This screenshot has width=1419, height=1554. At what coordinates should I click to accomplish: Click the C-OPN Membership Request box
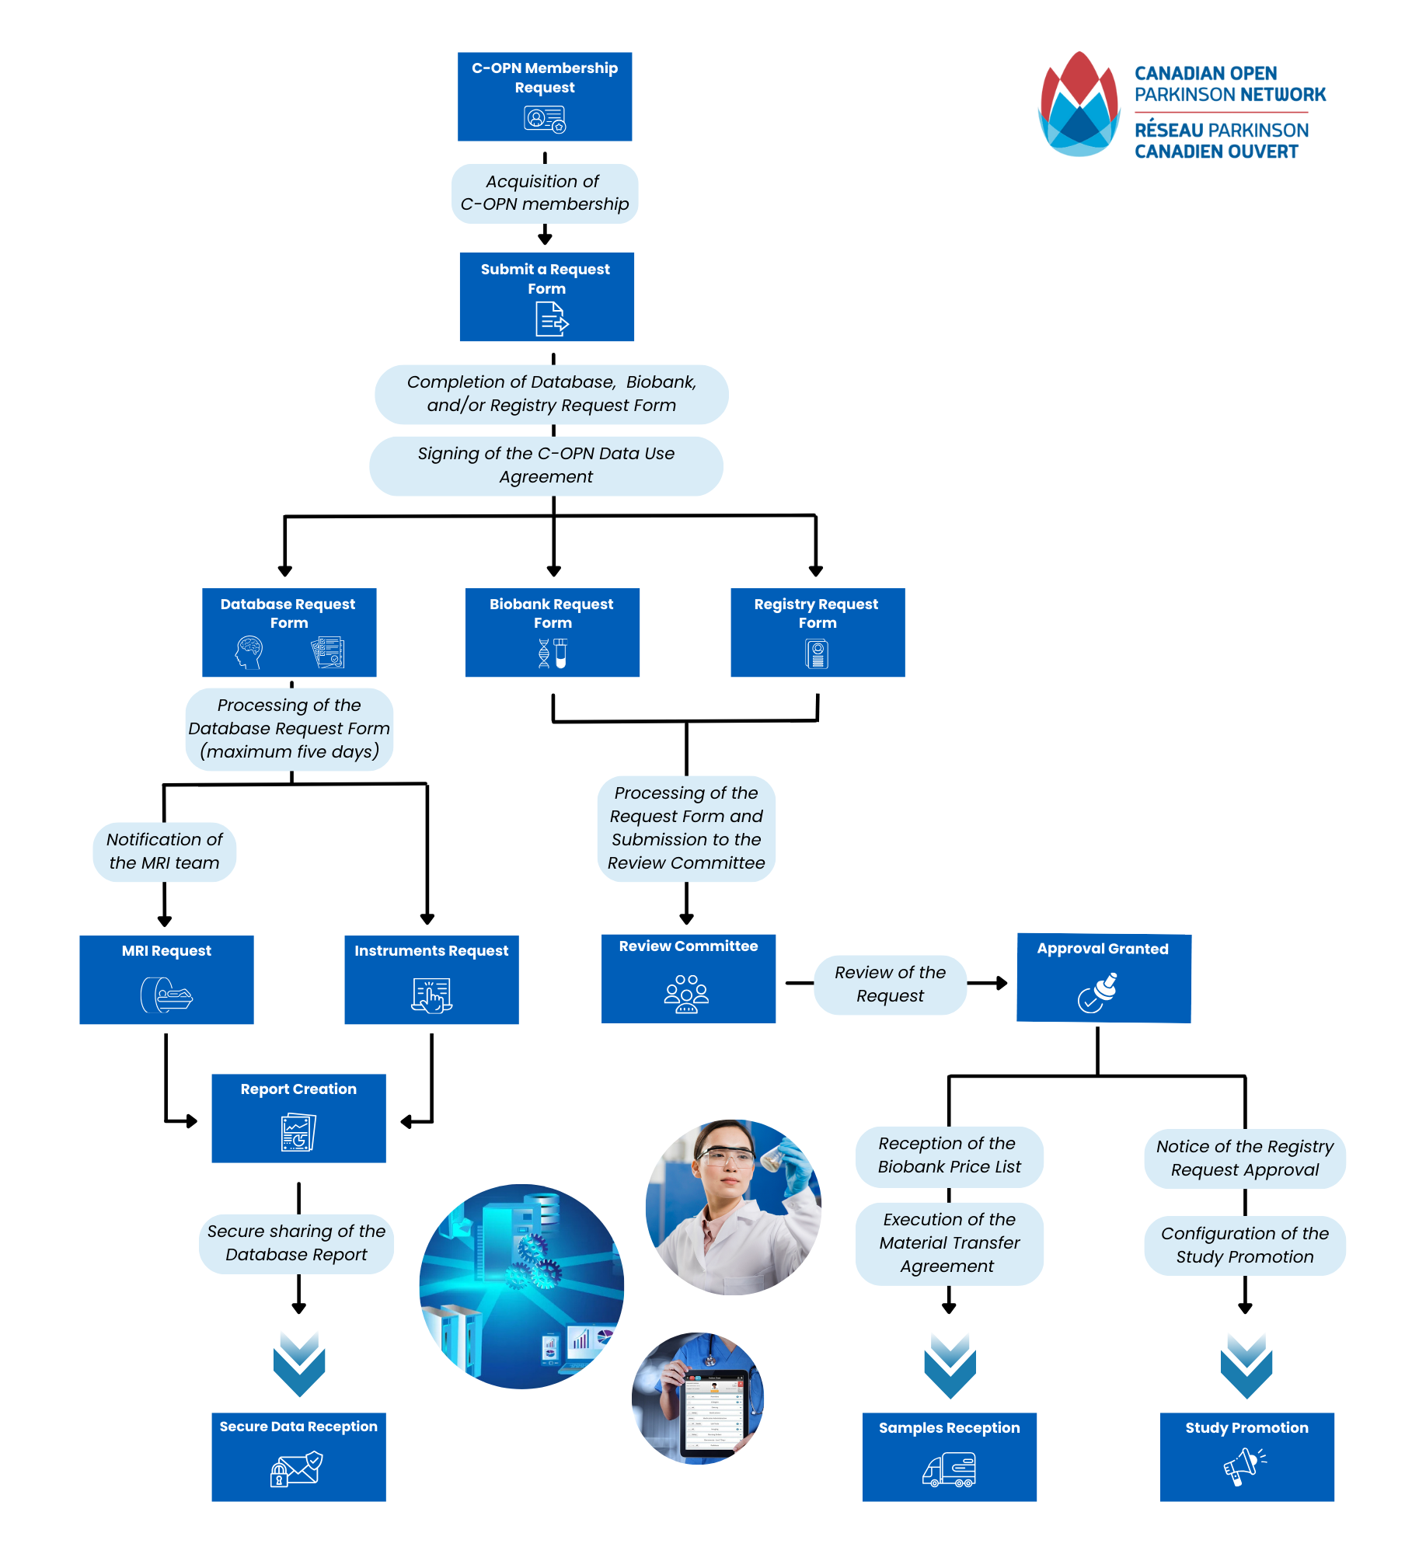pyautogui.click(x=544, y=96)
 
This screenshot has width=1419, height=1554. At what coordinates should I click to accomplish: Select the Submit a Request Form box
pyautogui.click(x=546, y=296)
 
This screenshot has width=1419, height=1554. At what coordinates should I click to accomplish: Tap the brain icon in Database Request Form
pyautogui.click(x=249, y=652)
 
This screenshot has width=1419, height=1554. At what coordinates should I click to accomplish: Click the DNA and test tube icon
pyautogui.click(x=553, y=653)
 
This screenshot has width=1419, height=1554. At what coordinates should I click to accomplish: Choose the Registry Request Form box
pyautogui.click(x=818, y=632)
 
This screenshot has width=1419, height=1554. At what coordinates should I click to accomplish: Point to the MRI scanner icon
pyautogui.click(x=166, y=995)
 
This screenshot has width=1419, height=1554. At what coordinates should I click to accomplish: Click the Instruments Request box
pyautogui.click(x=431, y=980)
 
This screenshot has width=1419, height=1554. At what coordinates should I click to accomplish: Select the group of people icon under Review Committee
pyautogui.click(x=686, y=994)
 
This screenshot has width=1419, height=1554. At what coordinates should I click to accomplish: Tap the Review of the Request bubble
pyautogui.click(x=890, y=984)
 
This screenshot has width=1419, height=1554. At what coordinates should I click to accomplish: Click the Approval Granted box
pyautogui.click(x=1103, y=978)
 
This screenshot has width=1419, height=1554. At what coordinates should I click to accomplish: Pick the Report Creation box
pyautogui.click(x=298, y=1118)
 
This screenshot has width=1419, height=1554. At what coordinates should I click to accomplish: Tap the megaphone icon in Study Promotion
pyautogui.click(x=1245, y=1467)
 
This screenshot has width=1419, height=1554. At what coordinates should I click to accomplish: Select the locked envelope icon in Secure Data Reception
pyautogui.click(x=296, y=1469)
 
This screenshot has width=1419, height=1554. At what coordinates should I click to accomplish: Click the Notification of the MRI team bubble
pyautogui.click(x=164, y=852)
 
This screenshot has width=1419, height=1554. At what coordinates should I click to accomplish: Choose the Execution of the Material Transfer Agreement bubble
pyautogui.click(x=949, y=1243)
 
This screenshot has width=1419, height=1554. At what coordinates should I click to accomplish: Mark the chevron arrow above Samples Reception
pyautogui.click(x=950, y=1365)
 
